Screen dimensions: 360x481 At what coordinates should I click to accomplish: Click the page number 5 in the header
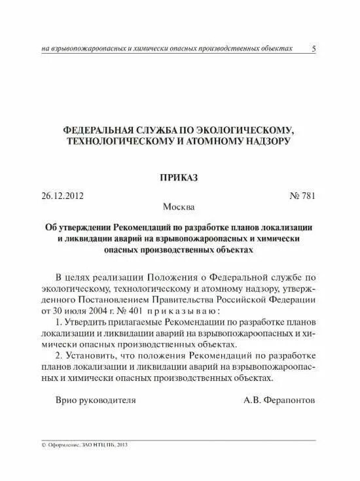pyautogui.click(x=314, y=49)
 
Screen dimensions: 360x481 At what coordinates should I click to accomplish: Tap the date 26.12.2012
pyautogui.click(x=63, y=196)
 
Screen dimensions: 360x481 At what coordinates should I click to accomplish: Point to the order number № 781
pyautogui.click(x=302, y=196)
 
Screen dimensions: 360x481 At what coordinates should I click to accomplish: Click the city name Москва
pyautogui.click(x=177, y=207)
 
